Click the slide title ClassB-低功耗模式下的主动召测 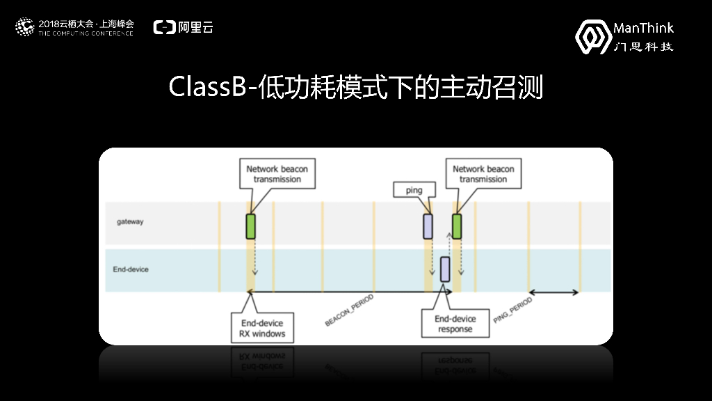point(355,88)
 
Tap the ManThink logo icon point(593,36)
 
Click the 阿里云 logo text point(184,28)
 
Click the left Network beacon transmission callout point(277,174)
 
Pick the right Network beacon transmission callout point(483,174)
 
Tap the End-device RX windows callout point(257,328)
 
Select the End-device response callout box point(455,324)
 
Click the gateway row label point(130,222)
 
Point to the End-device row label point(131,269)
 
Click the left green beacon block point(250,226)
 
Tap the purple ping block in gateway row point(428,226)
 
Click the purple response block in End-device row point(444,269)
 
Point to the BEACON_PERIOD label point(349,310)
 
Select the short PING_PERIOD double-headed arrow point(553,292)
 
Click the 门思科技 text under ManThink point(644,47)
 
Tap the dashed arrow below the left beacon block point(255,258)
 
